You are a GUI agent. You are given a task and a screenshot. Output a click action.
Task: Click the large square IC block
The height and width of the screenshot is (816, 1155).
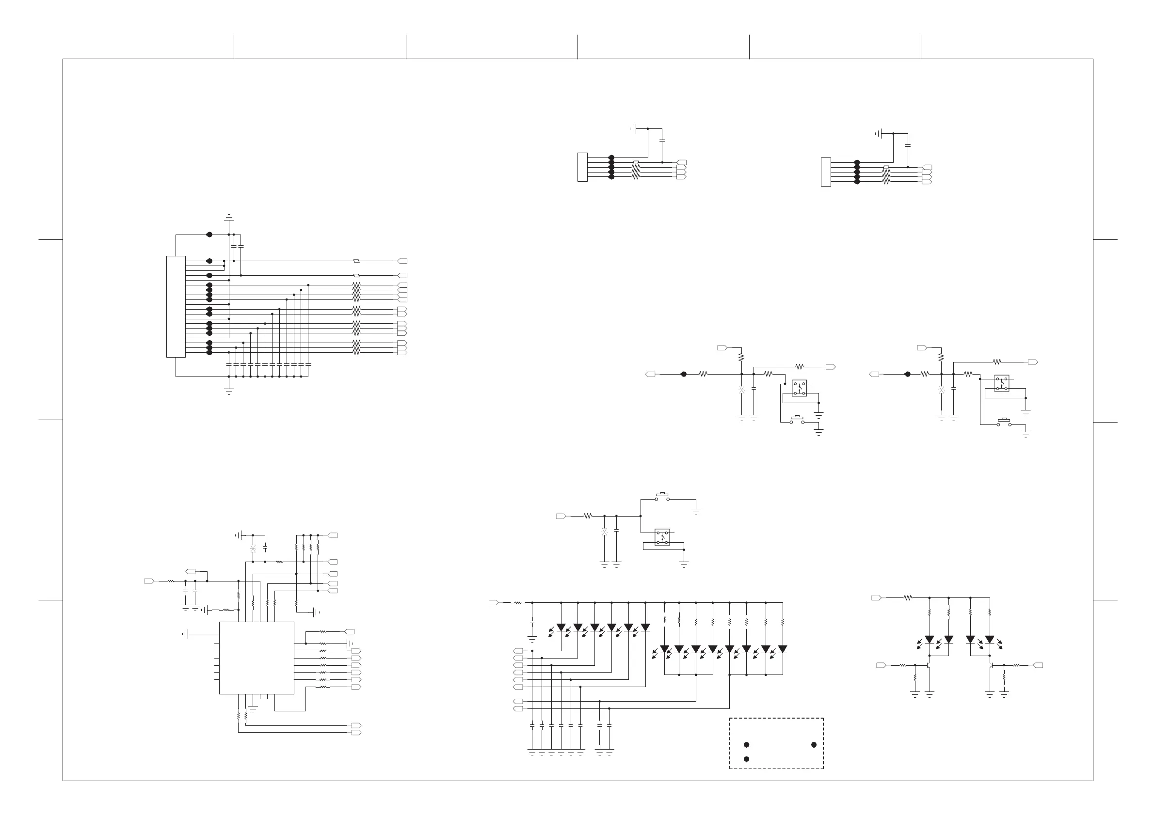click(x=257, y=658)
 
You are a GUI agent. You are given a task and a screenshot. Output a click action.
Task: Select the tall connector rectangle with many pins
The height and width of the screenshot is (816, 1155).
click(x=176, y=307)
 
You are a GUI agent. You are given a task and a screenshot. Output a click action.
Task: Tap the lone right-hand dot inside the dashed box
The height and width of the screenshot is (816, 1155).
click(x=814, y=745)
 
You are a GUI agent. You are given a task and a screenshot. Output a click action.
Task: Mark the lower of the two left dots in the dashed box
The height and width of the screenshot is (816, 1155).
click(x=747, y=759)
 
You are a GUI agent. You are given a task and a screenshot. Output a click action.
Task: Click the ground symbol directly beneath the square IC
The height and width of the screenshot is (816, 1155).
click(x=253, y=709)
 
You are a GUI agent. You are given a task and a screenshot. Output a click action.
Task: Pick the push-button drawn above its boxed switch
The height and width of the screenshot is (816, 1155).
click(x=662, y=497)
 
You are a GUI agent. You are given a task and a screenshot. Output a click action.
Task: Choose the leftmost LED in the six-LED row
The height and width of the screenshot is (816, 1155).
click(x=561, y=627)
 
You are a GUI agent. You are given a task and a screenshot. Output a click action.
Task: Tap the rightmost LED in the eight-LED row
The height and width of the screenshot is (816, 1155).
click(x=782, y=649)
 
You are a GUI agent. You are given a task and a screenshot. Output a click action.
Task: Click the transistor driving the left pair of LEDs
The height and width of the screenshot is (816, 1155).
click(x=928, y=665)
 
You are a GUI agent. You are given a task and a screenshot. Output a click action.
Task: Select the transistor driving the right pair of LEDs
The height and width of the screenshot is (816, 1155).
click(x=991, y=665)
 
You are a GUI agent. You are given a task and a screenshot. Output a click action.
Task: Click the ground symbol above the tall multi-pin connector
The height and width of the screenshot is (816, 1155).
click(x=229, y=217)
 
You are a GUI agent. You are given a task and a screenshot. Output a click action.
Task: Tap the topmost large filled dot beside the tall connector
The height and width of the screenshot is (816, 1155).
click(x=209, y=235)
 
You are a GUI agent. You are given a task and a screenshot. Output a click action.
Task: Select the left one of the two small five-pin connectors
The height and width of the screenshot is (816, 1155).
click(x=582, y=167)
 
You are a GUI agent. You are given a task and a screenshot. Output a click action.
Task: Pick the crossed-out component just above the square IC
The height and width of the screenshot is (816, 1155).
click(x=253, y=549)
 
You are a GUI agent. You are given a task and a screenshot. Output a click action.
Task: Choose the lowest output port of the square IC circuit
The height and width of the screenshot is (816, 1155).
click(x=356, y=733)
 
